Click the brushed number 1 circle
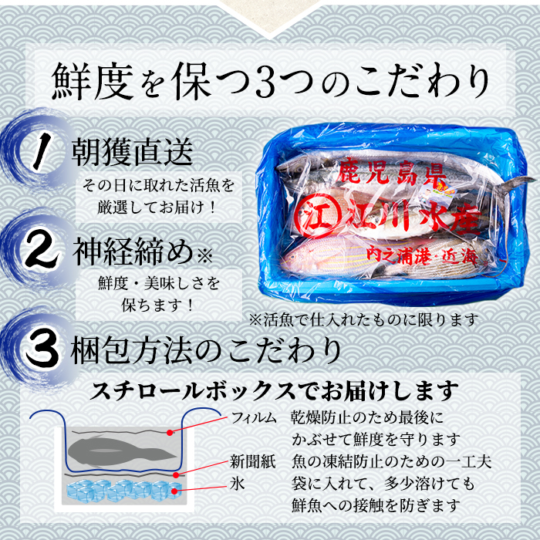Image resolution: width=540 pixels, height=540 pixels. coord(39,150)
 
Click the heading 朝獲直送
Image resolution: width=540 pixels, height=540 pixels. coord(132,151)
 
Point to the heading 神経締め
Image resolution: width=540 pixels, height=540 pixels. coord(133,251)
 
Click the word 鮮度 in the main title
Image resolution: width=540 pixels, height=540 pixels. coord(93,82)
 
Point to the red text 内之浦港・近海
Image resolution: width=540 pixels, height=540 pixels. coord(421,255)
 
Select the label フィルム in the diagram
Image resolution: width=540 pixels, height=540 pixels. coord(254,418)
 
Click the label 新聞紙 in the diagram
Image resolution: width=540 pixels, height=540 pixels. coord(253,462)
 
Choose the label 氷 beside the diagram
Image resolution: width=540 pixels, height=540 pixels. coord(238,484)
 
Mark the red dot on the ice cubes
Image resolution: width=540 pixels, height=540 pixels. coord(174,491)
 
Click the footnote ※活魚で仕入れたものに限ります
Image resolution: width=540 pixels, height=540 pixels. coord(364,320)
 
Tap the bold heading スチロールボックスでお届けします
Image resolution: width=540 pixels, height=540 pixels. coord(274,392)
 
